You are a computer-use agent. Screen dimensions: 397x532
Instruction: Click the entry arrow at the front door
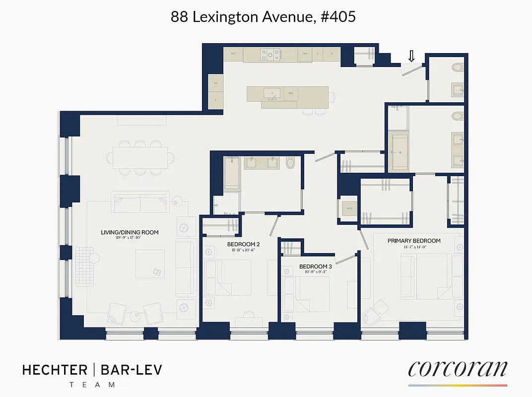tap(411, 57)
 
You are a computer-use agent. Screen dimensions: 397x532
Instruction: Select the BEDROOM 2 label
tap(244, 244)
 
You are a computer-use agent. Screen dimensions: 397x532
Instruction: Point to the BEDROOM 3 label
tap(316, 267)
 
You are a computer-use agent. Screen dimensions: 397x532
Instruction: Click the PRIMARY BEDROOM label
tap(414, 241)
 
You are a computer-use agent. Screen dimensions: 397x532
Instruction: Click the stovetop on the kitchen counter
tap(270, 54)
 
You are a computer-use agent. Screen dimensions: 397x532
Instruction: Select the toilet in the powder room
tap(457, 68)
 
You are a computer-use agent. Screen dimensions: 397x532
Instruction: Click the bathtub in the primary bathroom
tap(401, 151)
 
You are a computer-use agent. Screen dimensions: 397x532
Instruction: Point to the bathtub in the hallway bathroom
tap(232, 173)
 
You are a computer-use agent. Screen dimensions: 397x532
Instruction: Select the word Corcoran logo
tap(458, 369)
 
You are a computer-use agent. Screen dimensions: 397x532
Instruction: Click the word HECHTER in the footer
tap(55, 370)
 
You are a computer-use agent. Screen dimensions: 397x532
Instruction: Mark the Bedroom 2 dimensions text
tap(244, 251)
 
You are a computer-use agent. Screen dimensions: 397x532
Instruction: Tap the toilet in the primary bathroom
tap(458, 117)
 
